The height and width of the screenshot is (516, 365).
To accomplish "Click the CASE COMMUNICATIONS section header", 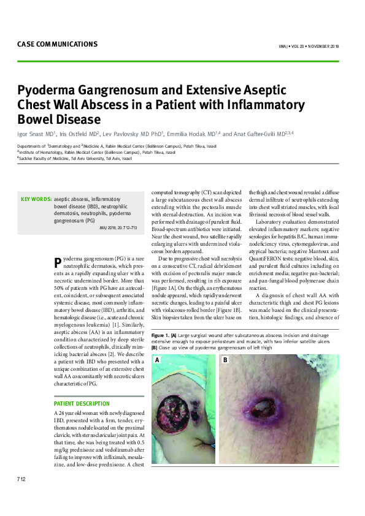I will [57, 44].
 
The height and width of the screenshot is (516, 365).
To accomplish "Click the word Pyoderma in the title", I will [50, 89].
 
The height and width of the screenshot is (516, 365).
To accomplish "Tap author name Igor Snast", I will [34, 133].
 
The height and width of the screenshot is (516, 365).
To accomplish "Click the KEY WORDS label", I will [36, 199].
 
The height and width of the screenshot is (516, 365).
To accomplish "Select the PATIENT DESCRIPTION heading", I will [82, 404].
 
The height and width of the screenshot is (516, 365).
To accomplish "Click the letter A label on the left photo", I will [158, 360].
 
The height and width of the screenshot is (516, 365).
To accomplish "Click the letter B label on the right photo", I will [225, 360].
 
